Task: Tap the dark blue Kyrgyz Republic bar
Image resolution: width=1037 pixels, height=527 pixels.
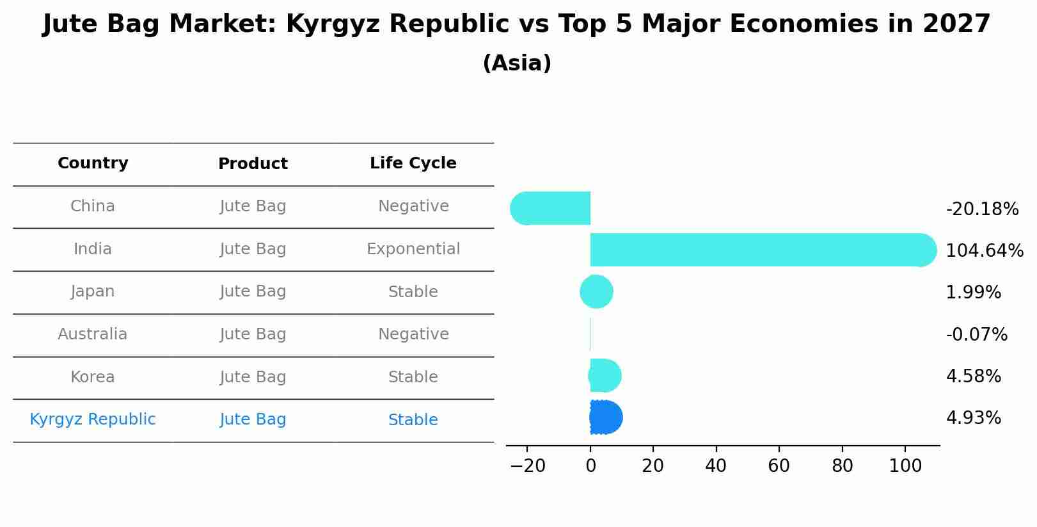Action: click(605, 418)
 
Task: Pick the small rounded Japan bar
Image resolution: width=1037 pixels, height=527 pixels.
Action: click(596, 292)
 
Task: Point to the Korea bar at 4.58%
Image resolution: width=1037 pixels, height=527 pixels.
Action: click(605, 376)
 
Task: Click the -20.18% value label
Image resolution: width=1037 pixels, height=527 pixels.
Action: click(981, 209)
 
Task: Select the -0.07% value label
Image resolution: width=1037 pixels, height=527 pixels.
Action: click(976, 334)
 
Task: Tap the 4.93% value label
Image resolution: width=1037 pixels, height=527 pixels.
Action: click(973, 418)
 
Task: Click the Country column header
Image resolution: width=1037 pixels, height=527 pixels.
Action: click(93, 163)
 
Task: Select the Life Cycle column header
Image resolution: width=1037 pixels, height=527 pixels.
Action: click(413, 163)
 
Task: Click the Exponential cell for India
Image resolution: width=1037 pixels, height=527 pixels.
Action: click(413, 249)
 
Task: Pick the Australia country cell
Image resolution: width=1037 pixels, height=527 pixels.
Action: click(93, 334)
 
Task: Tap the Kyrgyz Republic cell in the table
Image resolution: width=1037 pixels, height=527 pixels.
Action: click(93, 419)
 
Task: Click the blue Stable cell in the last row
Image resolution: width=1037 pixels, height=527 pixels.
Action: click(413, 420)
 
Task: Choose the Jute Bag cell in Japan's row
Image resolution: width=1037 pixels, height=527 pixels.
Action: click(253, 291)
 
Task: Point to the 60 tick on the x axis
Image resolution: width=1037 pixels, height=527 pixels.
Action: click(779, 466)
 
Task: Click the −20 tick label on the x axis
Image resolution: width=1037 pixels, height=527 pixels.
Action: click(527, 466)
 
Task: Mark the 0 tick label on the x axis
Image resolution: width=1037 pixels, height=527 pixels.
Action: click(590, 466)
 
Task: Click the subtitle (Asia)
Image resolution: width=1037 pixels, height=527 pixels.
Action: click(517, 63)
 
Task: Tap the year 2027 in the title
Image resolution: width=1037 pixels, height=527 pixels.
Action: click(956, 24)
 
